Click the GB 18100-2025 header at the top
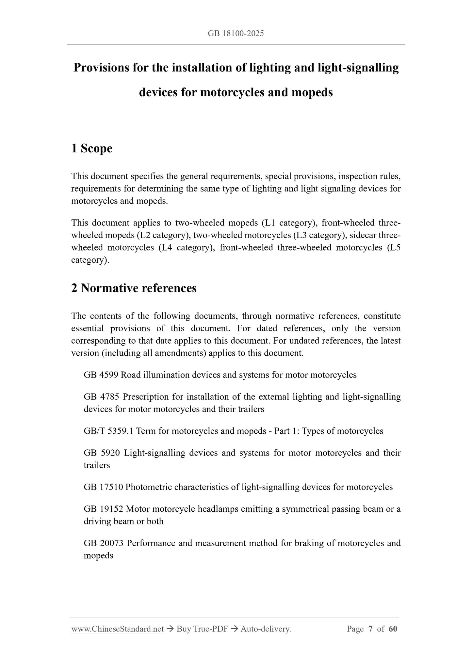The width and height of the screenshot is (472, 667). point(236,33)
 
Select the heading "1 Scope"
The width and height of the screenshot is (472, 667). point(92,148)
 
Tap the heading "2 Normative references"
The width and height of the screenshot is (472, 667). point(134,288)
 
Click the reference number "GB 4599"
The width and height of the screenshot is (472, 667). point(101,375)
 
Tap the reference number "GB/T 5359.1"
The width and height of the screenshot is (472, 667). point(108,431)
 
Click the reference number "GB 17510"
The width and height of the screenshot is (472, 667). point(103,487)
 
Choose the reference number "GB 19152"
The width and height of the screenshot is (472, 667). point(103,509)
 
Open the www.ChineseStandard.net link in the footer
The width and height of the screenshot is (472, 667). point(117,629)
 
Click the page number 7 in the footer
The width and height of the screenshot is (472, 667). point(370,629)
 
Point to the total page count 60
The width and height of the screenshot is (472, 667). point(393,629)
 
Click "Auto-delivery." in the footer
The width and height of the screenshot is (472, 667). point(266,629)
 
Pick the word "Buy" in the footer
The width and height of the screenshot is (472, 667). point(183,629)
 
